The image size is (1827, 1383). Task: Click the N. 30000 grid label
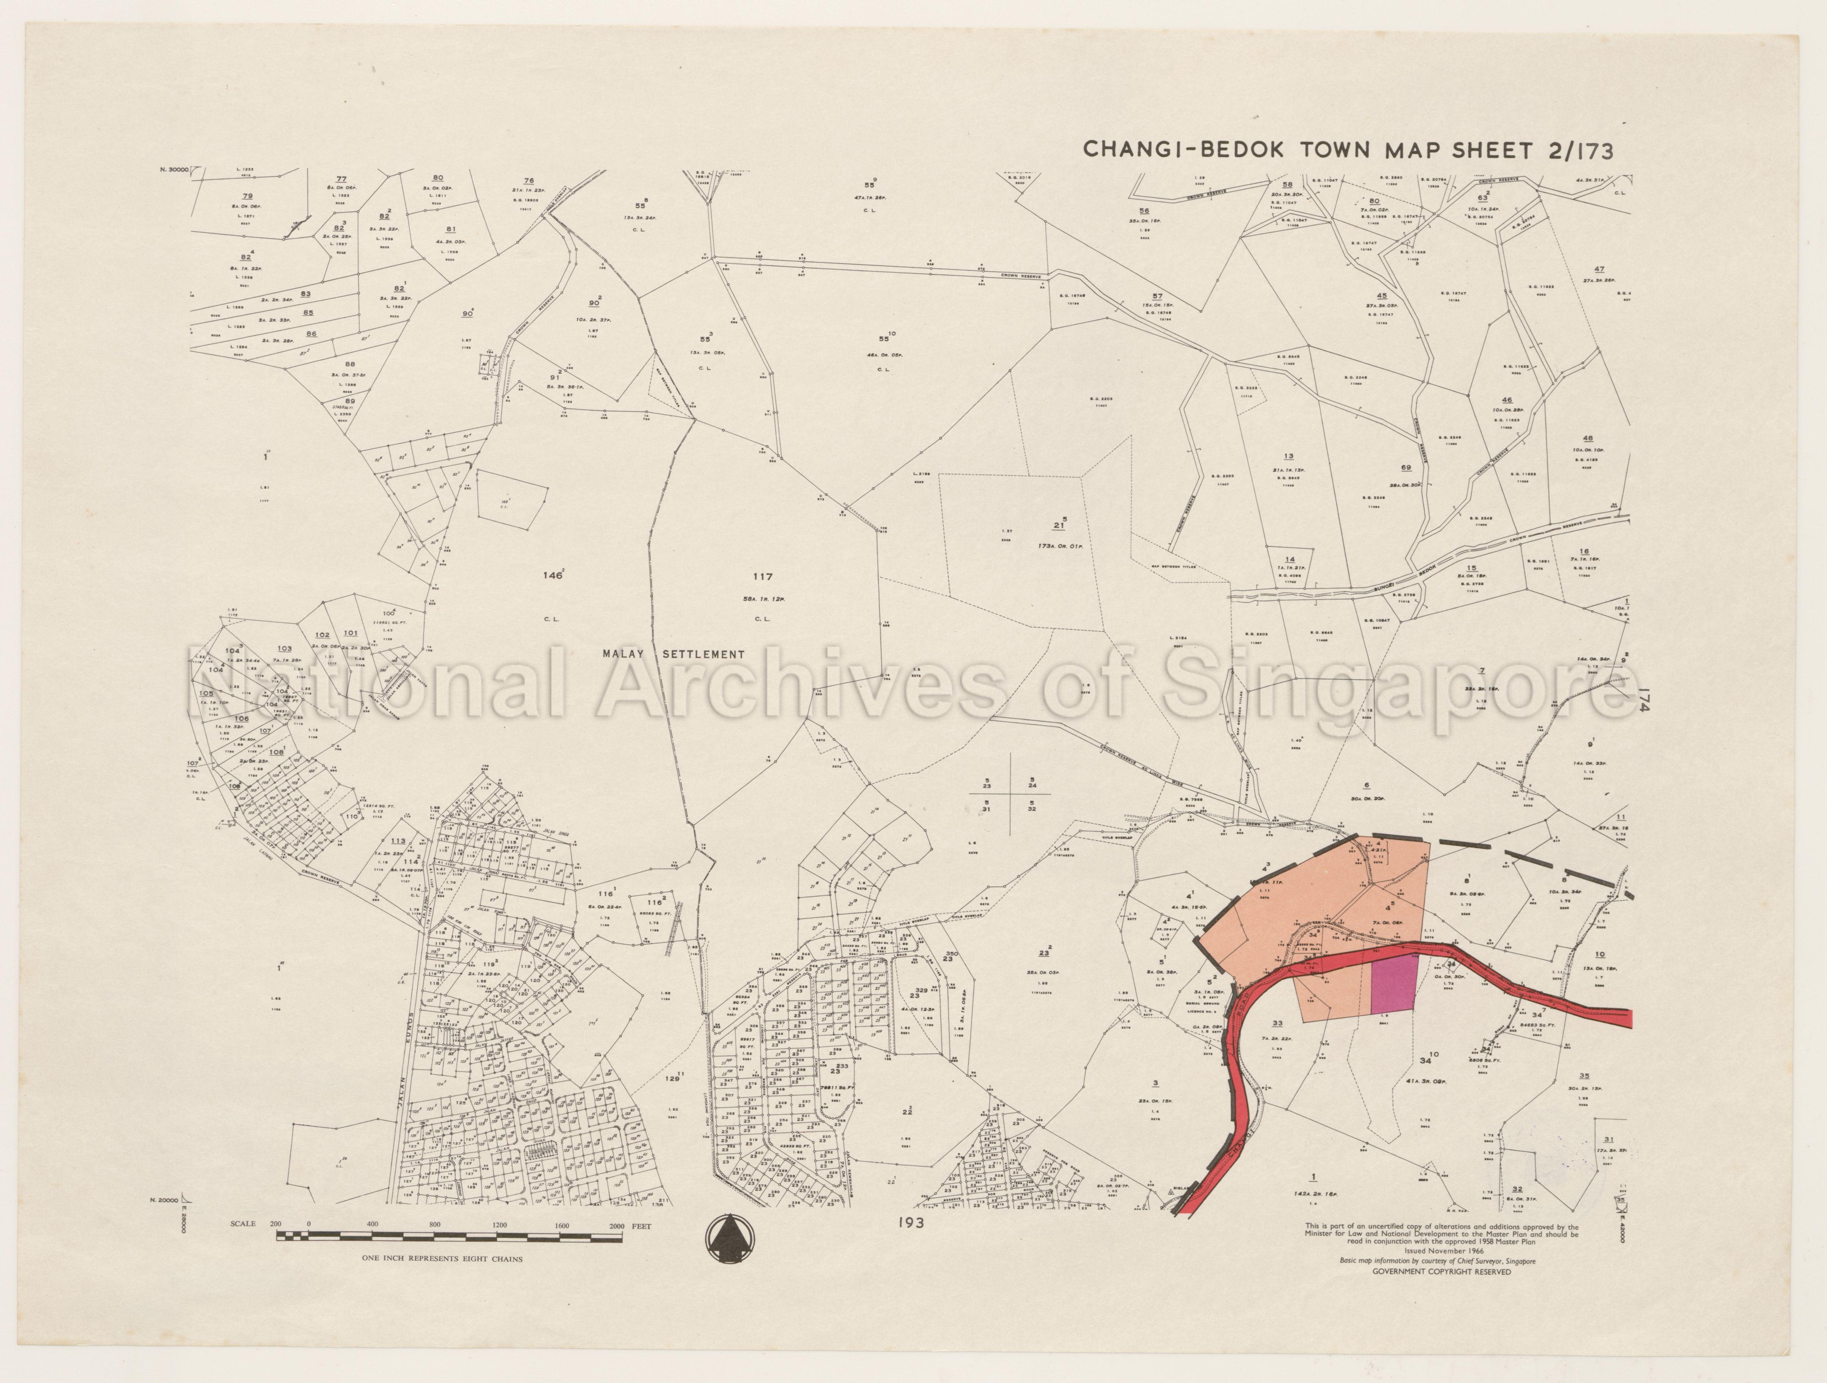pyautogui.click(x=173, y=169)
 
